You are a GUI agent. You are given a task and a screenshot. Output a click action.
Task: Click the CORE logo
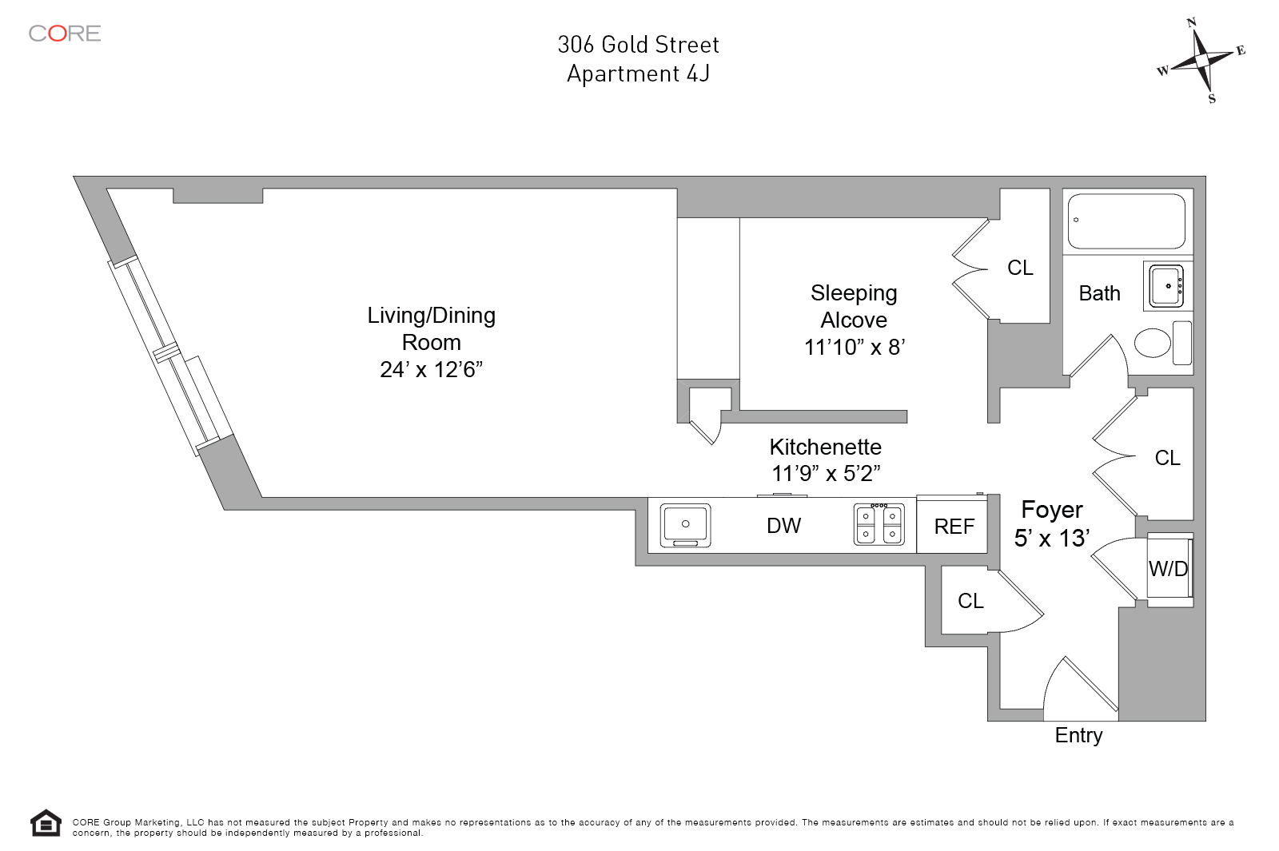click(65, 34)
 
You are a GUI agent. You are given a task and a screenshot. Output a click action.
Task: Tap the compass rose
click(1201, 60)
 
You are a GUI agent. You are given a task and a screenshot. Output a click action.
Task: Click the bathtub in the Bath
click(1126, 221)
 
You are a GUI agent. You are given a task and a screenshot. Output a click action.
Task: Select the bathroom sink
click(1166, 285)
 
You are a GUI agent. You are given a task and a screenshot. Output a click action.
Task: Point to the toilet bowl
click(1152, 343)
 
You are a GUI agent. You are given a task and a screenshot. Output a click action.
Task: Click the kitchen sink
click(686, 525)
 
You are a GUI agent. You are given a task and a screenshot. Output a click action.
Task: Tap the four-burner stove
click(879, 525)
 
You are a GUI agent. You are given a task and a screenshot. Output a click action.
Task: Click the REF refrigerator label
click(954, 527)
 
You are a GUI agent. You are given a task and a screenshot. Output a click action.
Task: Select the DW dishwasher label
click(783, 526)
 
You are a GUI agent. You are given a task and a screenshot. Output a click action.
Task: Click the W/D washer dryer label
click(1168, 569)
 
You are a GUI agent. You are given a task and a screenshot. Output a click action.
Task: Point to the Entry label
click(1078, 735)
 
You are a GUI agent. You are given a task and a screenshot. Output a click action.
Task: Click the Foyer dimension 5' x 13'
click(1051, 538)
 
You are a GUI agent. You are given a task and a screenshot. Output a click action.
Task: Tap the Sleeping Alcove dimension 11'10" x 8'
click(854, 348)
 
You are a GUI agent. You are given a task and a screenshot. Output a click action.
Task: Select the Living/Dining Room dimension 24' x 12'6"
click(431, 369)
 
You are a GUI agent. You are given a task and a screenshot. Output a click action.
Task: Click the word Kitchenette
click(825, 447)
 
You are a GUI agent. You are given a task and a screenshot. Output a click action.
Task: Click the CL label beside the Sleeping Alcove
click(1020, 268)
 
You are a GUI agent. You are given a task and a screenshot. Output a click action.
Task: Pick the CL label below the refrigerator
click(970, 601)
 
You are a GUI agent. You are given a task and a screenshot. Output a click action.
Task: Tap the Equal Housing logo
click(46, 823)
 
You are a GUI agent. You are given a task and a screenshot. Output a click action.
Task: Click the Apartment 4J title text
click(638, 74)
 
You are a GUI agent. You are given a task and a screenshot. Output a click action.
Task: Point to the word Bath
click(1099, 293)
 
